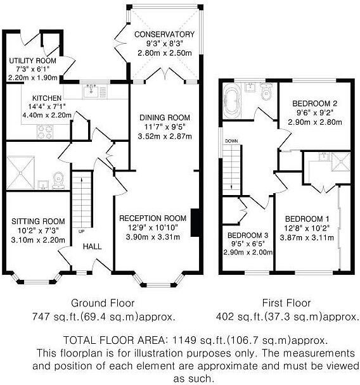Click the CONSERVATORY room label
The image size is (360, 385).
click(x=164, y=34)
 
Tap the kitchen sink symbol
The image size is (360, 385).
click(x=91, y=92)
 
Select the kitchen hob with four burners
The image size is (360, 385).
click(x=45, y=132)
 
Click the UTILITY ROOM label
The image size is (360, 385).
click(x=33, y=61)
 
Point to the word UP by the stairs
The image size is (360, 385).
click(x=81, y=231)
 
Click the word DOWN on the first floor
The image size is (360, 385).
click(x=231, y=141)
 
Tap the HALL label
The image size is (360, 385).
click(x=93, y=246)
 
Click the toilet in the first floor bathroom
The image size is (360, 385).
click(x=266, y=91)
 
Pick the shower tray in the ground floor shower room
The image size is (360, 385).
click(x=21, y=173)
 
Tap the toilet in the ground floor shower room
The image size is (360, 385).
click(x=58, y=180)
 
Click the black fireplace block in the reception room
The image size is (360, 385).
click(x=195, y=223)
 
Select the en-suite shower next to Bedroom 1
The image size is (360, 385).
click(x=340, y=161)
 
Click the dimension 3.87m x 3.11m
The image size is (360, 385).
click(x=307, y=237)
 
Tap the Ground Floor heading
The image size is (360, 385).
click(x=103, y=303)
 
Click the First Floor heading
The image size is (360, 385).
click(x=286, y=303)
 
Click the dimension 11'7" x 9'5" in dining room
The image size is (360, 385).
click(x=165, y=127)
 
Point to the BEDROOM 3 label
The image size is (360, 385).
click(x=248, y=236)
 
